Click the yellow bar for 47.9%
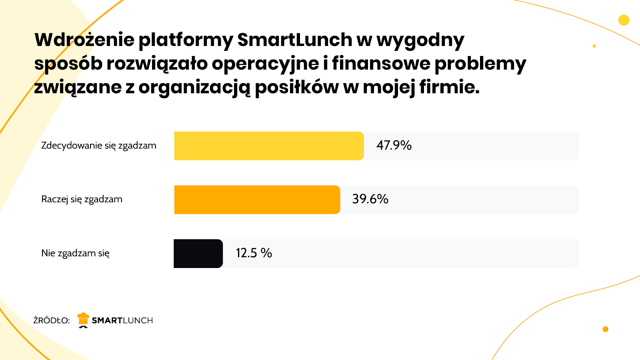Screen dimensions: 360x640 pos(269,146)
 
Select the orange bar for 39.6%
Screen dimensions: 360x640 pos(257,200)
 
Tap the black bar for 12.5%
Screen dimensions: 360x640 pos(198,254)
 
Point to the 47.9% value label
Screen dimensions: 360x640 pos(394,145)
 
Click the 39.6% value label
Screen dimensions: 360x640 pos(370,199)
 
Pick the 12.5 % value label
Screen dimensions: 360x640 pos(254,253)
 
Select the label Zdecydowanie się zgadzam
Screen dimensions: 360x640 pos(99,146)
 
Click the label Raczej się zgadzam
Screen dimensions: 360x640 pos(82,199)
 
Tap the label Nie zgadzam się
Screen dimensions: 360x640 pos(75,253)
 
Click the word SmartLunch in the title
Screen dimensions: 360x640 pos(295,40)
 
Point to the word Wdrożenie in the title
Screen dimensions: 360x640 pos(84,40)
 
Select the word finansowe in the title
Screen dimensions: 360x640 pos(381,63)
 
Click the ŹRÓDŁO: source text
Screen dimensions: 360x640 pos(52,320)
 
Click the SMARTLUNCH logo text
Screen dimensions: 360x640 pos(122,320)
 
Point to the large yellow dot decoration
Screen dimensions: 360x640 pos(624,20)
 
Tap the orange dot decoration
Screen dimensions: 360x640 pos(605,329)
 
